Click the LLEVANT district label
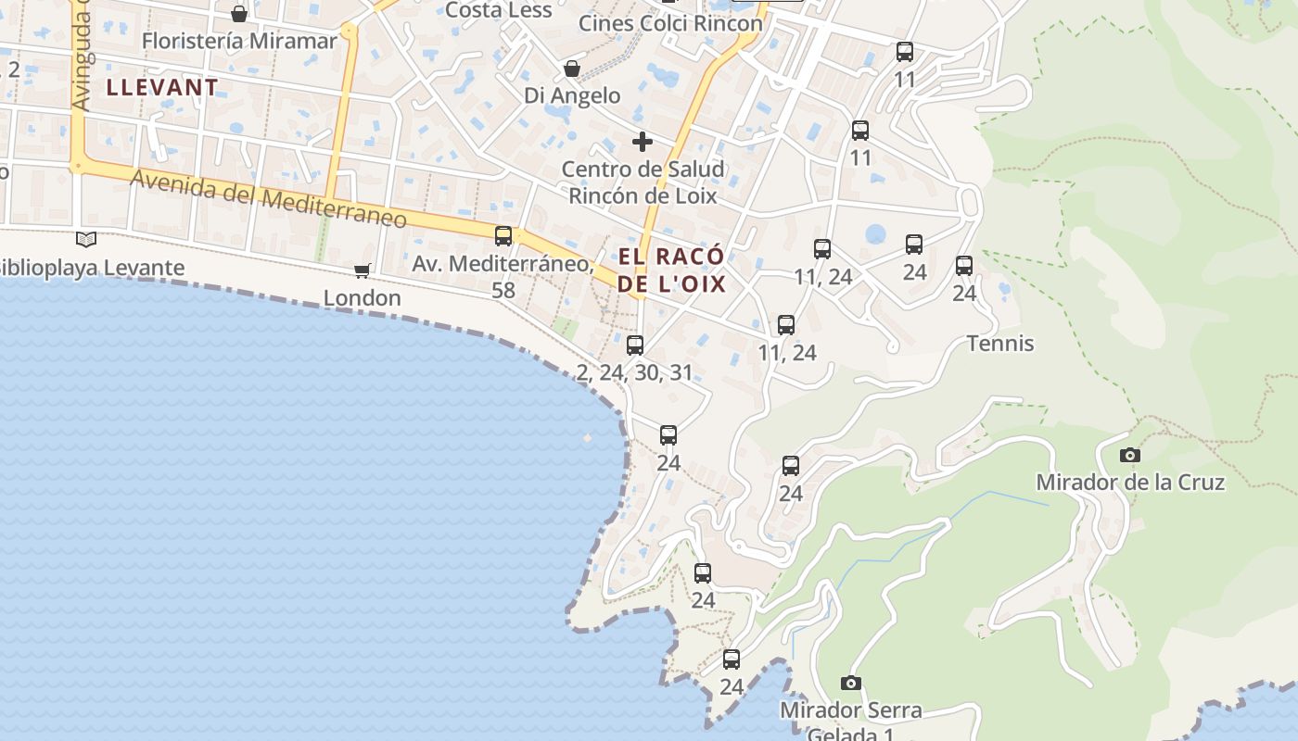pyautogui.click(x=162, y=88)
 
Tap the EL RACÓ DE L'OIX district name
pyautogui.click(x=671, y=270)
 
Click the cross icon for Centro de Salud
pyautogui.click(x=642, y=142)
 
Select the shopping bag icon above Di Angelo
pyautogui.click(x=572, y=69)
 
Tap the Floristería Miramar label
pyautogui.click(x=239, y=42)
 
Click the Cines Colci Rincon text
pyautogui.click(x=670, y=23)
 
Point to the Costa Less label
pyautogui.click(x=499, y=10)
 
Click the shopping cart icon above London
pyautogui.click(x=363, y=270)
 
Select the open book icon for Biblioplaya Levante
pyautogui.click(x=86, y=240)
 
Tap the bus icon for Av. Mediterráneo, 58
pyautogui.click(x=503, y=235)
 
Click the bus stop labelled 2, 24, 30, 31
pyautogui.click(x=635, y=345)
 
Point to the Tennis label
pyautogui.click(x=1000, y=344)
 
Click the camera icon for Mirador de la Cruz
pyautogui.click(x=1129, y=455)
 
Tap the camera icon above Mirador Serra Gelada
pyautogui.click(x=850, y=684)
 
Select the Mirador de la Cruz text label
pyautogui.click(x=1130, y=483)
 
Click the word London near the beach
pyautogui.click(x=362, y=298)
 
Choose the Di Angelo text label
pyautogui.click(x=572, y=95)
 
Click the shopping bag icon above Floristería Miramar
pyautogui.click(x=239, y=14)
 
